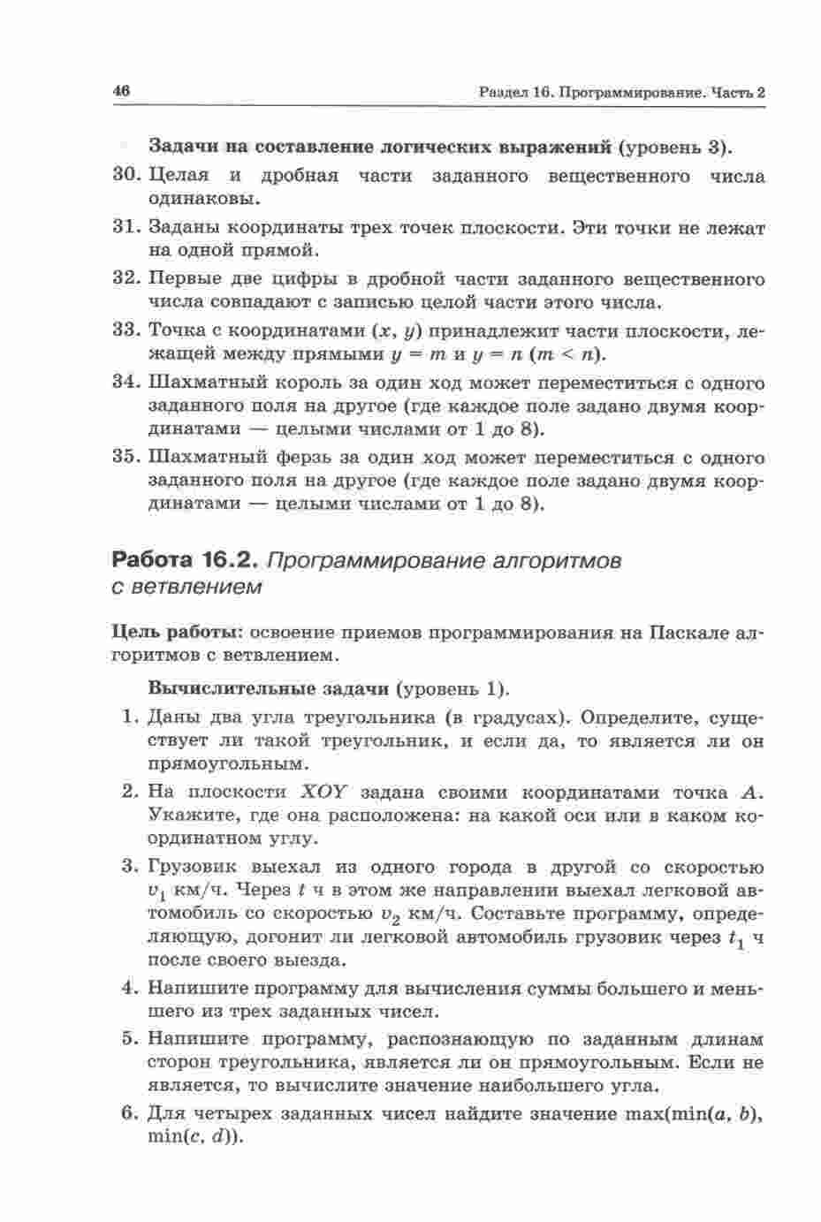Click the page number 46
click(122, 91)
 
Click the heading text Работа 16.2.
click(184, 560)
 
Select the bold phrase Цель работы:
click(179, 633)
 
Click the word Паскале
click(680, 633)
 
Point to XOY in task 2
click(327, 792)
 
